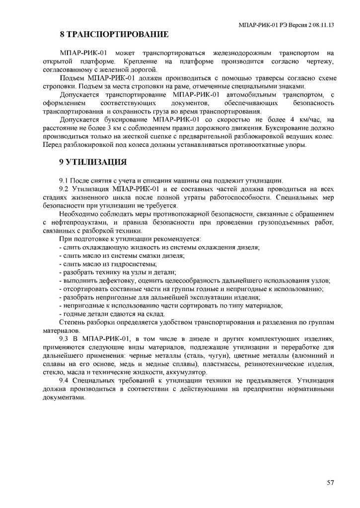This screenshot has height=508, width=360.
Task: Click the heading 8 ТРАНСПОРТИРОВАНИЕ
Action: coord(114,35)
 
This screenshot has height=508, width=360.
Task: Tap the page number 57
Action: coord(331,482)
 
